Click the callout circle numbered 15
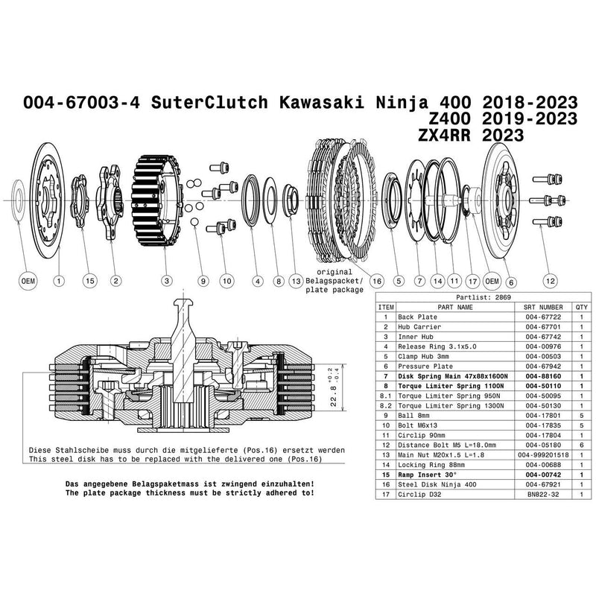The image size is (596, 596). click(x=90, y=281)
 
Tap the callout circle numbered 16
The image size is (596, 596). click(x=376, y=281)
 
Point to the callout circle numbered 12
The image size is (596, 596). click(x=550, y=281)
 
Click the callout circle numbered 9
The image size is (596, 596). click(x=202, y=281)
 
